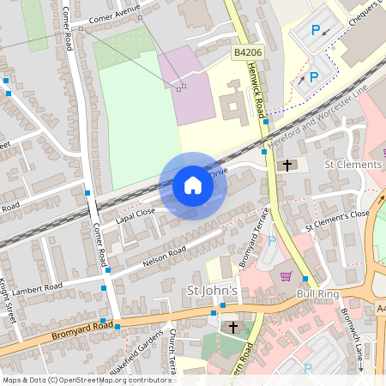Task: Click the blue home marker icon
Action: pyautogui.click(x=193, y=185)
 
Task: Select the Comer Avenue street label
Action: pyautogui.click(x=113, y=12)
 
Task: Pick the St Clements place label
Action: pyautogui.click(x=353, y=164)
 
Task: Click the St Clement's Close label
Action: pyautogui.click(x=338, y=220)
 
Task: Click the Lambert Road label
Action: pyautogui.click(x=39, y=286)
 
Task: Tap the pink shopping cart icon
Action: pyautogui.click(x=286, y=276)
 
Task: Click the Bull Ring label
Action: pyautogui.click(x=318, y=294)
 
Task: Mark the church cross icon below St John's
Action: pyautogui.click(x=232, y=327)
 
